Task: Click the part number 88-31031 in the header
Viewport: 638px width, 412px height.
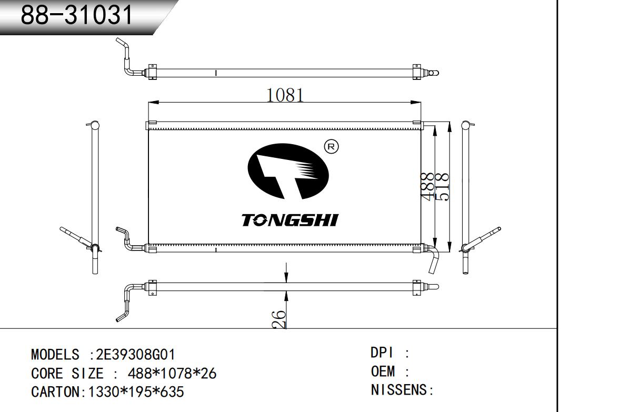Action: (x=76, y=14)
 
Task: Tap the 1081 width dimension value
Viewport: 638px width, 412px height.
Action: (x=285, y=95)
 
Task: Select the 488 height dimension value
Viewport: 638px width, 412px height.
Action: (x=427, y=185)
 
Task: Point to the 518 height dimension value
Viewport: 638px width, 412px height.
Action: (x=442, y=187)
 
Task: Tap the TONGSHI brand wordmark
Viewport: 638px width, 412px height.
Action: (x=290, y=220)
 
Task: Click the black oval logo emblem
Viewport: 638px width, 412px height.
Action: (x=288, y=171)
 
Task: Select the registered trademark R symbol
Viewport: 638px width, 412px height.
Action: (x=332, y=147)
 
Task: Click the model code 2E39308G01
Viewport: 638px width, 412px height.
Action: (x=136, y=355)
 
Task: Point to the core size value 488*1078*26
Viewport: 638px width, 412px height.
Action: (x=172, y=373)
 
